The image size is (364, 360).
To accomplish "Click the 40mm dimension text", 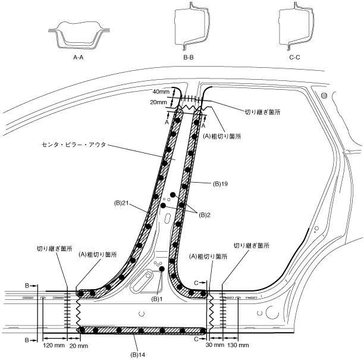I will coord(161,92).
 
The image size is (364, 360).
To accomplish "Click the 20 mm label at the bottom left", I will coord(79,345).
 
